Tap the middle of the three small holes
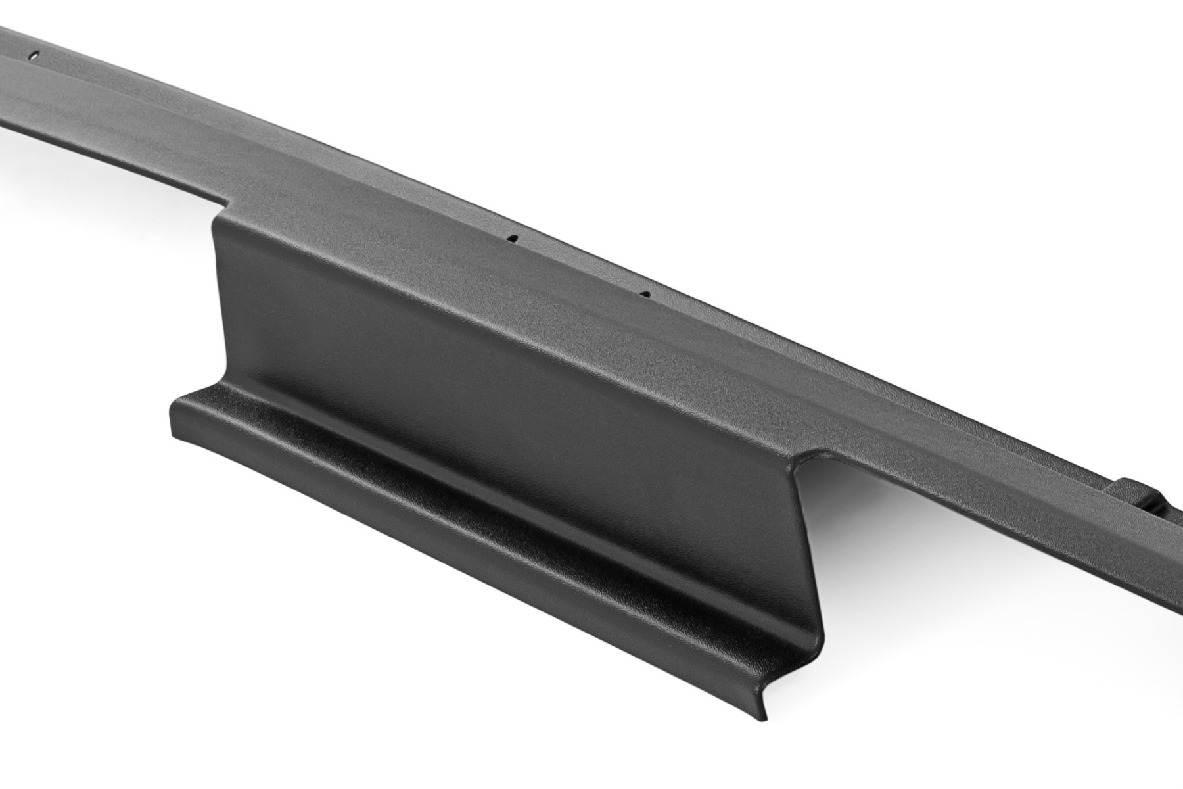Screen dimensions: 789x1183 click(x=515, y=238)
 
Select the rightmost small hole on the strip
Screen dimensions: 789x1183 click(x=645, y=294)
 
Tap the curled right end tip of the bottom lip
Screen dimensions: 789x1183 click(x=762, y=717)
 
